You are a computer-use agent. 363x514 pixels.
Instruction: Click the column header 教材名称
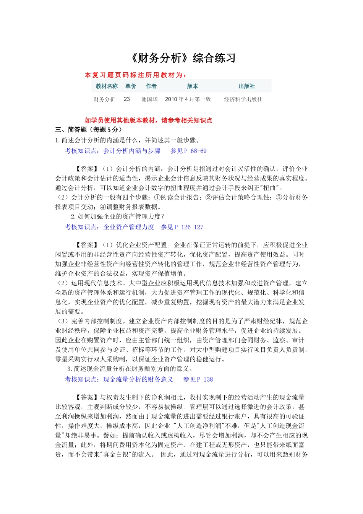click(107, 86)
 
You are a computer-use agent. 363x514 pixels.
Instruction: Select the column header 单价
click(131, 86)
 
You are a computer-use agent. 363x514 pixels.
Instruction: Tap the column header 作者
click(151, 86)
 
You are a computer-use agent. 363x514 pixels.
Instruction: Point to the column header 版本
click(193, 86)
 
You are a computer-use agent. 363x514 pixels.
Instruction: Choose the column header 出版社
click(247, 86)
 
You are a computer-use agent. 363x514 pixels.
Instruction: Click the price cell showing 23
click(127, 99)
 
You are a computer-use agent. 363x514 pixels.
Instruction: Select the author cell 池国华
click(149, 99)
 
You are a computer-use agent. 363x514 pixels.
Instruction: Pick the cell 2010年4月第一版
click(188, 99)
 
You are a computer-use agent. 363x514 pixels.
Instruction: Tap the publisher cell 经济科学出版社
click(243, 99)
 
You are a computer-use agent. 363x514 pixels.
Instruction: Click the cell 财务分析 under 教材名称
click(104, 99)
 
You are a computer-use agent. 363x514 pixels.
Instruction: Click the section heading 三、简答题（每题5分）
click(89, 130)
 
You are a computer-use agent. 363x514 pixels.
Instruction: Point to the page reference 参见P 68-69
click(188, 151)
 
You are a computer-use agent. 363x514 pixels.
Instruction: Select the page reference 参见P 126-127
click(182, 227)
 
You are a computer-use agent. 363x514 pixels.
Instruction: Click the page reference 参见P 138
click(198, 379)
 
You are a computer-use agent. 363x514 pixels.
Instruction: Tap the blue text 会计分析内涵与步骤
click(132, 151)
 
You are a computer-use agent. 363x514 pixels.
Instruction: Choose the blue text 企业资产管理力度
click(129, 227)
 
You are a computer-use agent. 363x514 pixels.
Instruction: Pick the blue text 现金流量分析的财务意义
click(138, 379)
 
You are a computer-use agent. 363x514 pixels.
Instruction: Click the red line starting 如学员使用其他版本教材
click(148, 120)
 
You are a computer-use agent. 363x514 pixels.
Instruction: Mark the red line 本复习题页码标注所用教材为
click(136, 75)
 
